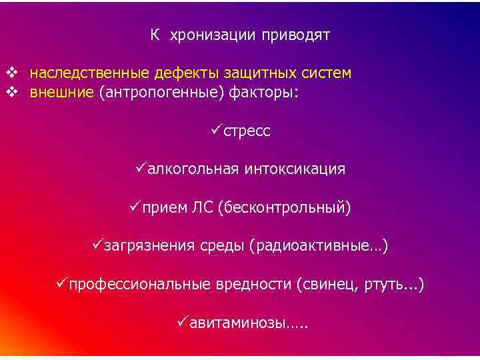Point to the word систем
pos(323,72)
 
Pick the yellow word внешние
pos(61,92)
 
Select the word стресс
pos(247,131)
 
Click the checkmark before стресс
pos(215,130)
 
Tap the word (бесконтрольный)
pos(283,209)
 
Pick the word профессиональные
pos(139,285)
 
